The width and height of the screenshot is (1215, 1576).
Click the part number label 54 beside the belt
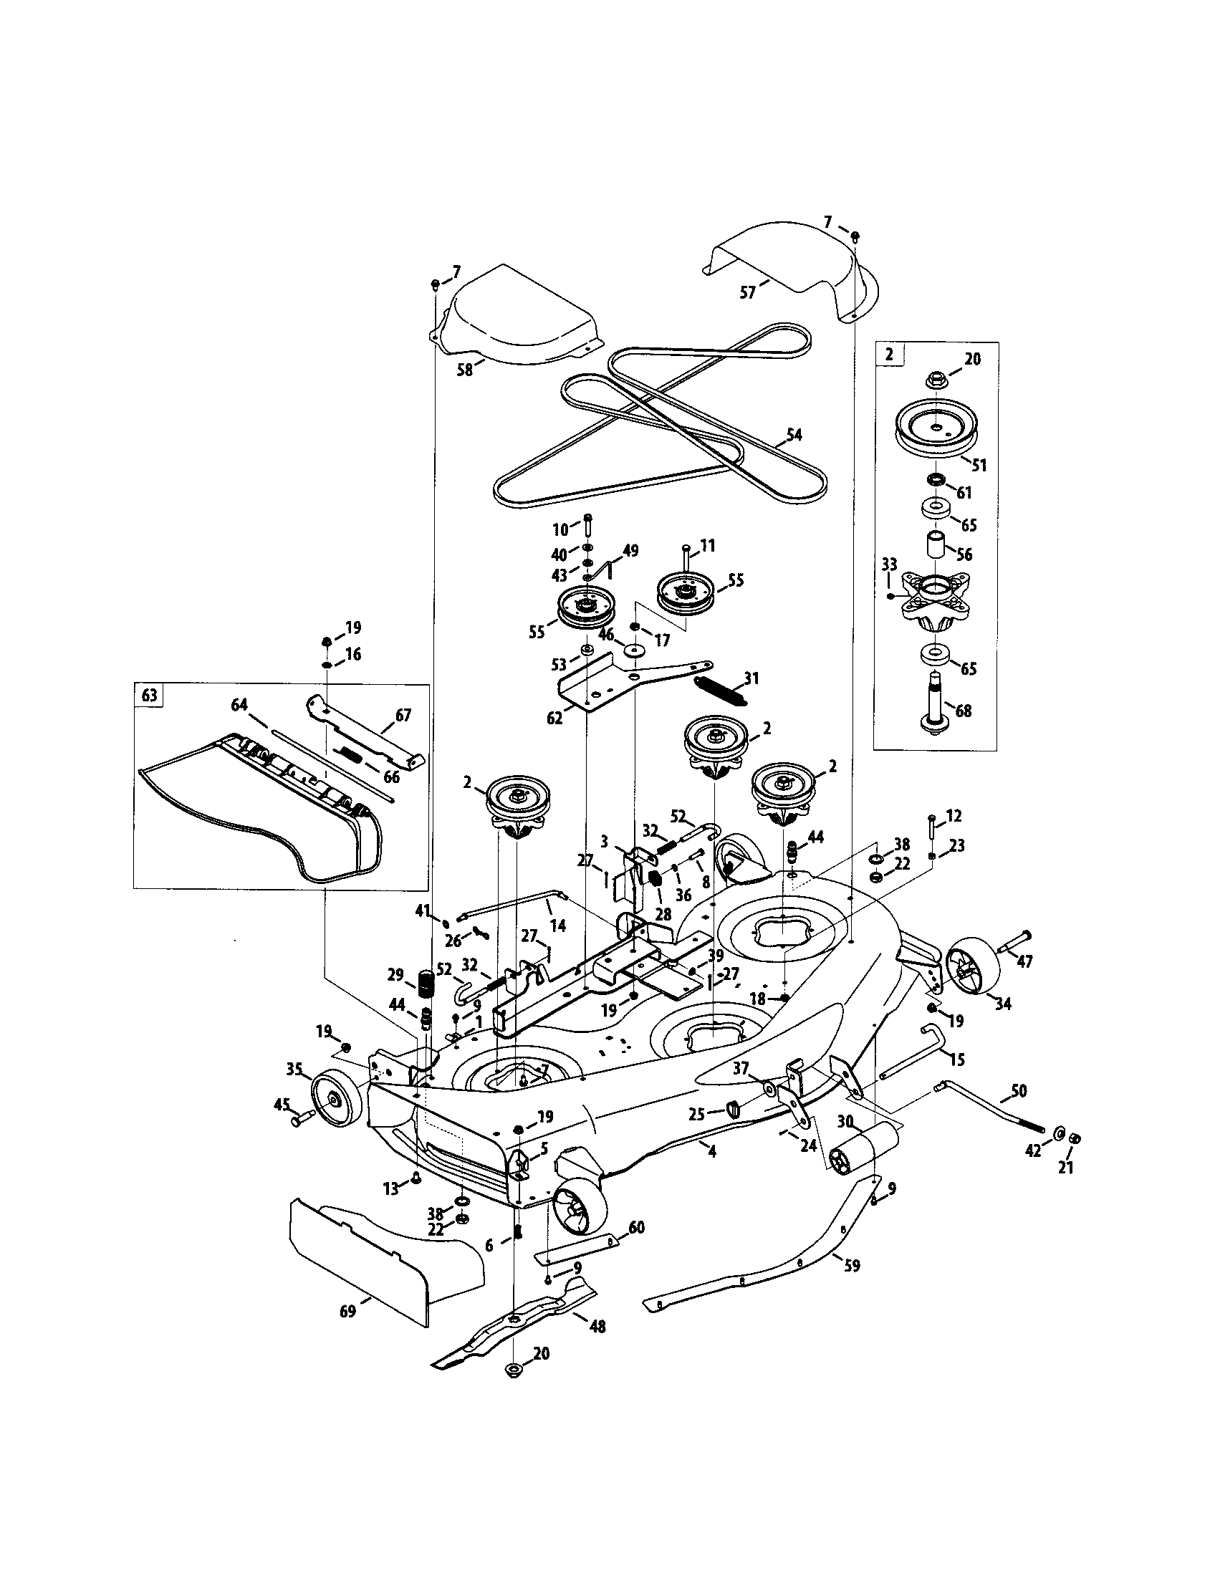coord(793,434)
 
